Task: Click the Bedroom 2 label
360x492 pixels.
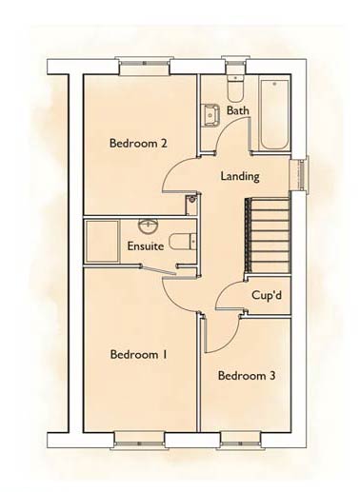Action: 138,143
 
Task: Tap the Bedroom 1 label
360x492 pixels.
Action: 139,354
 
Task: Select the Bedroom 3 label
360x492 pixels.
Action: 247,376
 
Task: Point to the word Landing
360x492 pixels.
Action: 240,176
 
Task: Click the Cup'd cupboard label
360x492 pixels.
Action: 267,295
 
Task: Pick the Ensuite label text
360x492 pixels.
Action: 146,246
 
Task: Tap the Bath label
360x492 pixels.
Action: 238,110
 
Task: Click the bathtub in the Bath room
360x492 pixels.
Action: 274,114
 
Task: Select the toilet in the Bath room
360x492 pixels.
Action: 235,87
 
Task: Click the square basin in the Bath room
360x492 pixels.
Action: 211,115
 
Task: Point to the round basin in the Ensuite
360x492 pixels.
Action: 149,226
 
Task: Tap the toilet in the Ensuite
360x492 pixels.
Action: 183,242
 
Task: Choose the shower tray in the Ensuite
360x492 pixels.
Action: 102,242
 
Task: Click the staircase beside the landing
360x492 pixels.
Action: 268,235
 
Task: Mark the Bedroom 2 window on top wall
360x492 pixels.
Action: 144,66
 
